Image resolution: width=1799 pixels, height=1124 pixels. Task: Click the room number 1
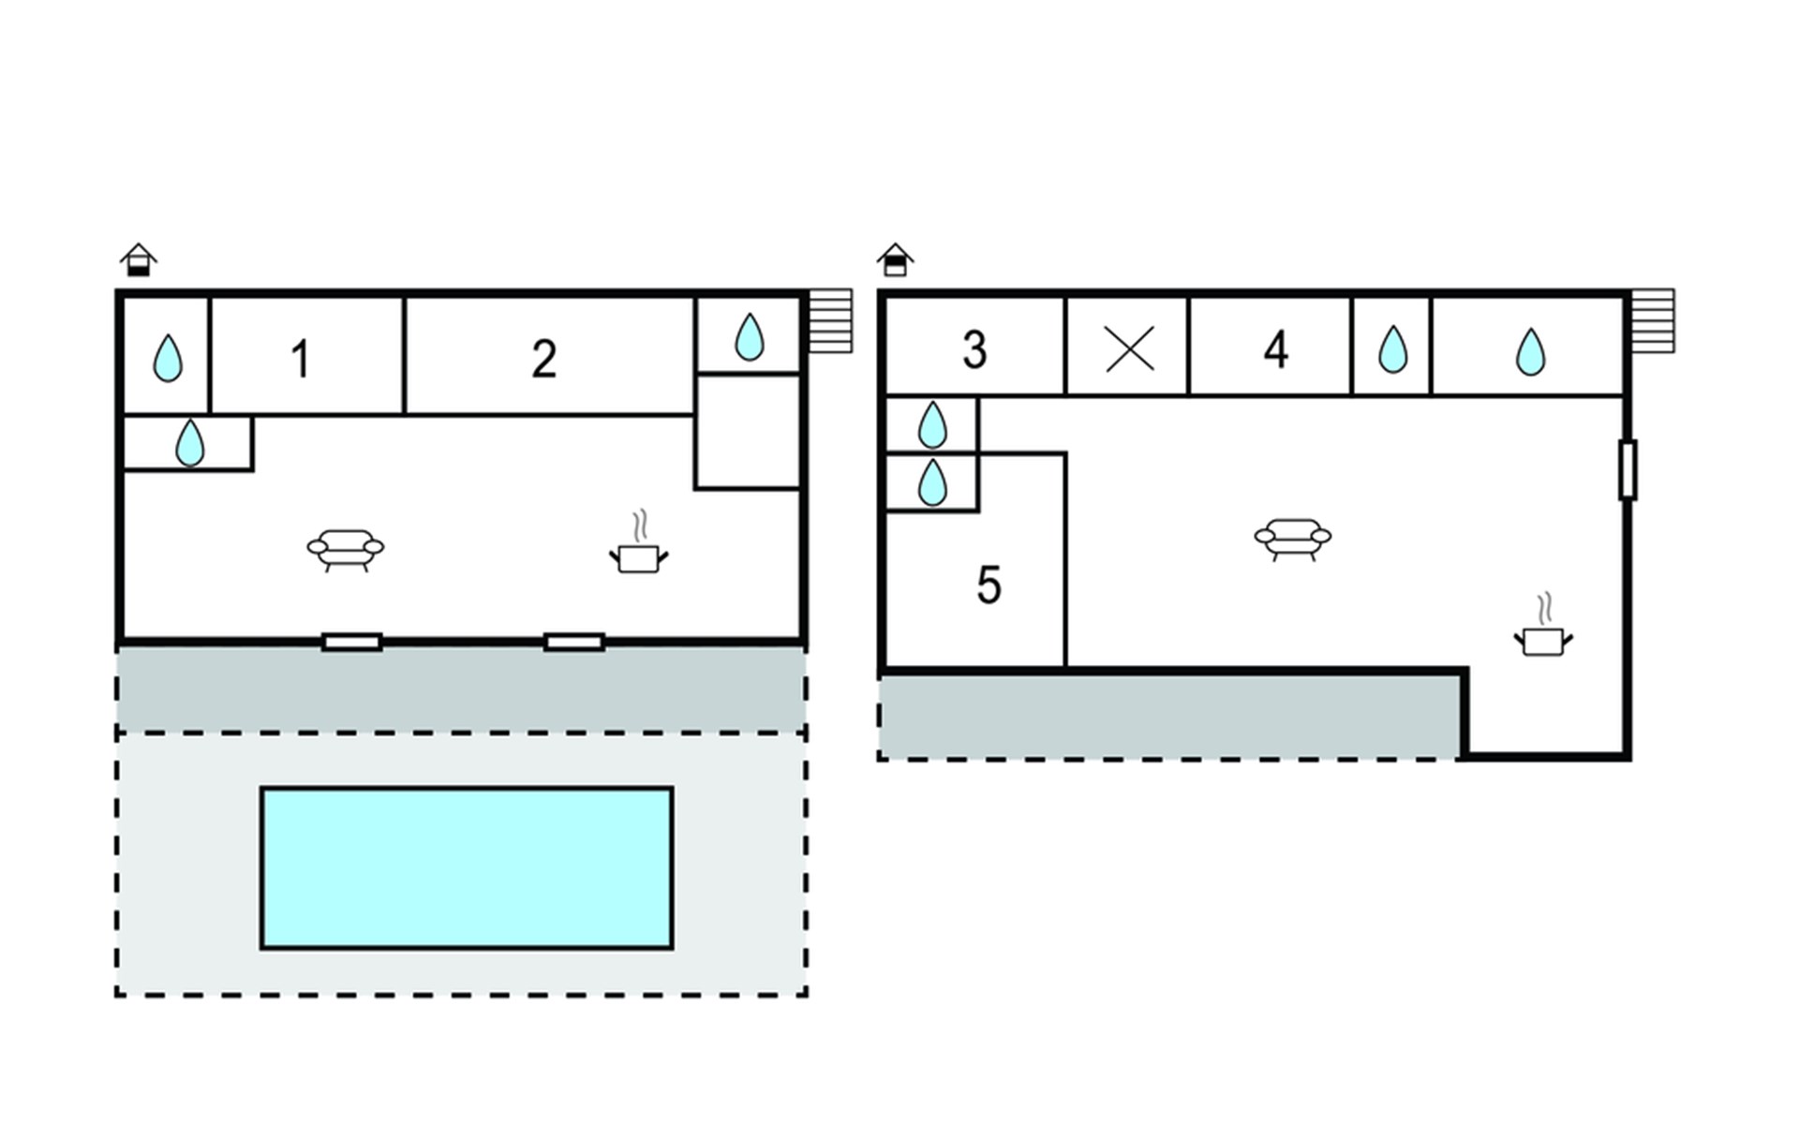[300, 359]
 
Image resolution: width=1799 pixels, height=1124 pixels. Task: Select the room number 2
[543, 359]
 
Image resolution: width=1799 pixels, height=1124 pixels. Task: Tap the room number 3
[974, 349]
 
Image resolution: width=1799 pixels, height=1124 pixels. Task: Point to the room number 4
[1275, 349]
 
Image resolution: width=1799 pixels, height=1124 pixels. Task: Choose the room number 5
[989, 585]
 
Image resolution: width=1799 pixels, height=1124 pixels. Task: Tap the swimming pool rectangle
[467, 868]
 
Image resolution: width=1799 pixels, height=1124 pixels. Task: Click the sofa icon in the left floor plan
[346, 550]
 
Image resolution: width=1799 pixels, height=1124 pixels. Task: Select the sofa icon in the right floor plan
[1292, 539]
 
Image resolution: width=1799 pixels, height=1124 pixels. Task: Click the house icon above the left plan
[139, 259]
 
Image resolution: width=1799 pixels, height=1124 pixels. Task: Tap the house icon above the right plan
[895, 259]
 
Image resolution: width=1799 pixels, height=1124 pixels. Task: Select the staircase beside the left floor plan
[830, 321]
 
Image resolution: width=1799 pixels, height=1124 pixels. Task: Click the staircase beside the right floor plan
[1652, 321]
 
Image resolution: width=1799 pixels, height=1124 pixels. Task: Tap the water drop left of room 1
[168, 358]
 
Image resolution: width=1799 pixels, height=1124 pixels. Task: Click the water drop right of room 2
[749, 336]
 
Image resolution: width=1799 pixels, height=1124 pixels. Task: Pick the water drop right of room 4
[1392, 349]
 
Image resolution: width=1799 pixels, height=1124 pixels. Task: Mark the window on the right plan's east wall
[1628, 469]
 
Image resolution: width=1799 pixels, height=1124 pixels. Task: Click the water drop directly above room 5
[932, 482]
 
